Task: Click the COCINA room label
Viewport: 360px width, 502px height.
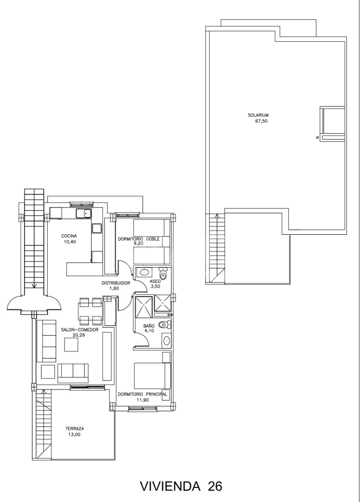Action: click(x=70, y=236)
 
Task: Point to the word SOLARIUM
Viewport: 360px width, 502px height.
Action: click(x=258, y=115)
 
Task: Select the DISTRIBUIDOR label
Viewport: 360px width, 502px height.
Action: click(x=116, y=283)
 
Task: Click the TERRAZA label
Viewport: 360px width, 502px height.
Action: click(x=75, y=429)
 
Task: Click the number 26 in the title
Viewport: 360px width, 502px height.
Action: click(x=215, y=487)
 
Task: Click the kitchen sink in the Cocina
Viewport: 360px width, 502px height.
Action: click(x=84, y=213)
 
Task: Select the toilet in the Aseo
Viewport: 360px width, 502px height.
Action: click(x=163, y=274)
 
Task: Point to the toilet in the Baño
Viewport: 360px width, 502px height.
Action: click(x=165, y=325)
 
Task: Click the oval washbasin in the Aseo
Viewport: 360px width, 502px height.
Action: click(x=145, y=273)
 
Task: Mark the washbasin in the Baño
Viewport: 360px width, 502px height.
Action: click(x=166, y=340)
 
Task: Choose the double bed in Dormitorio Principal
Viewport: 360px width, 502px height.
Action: click(x=152, y=375)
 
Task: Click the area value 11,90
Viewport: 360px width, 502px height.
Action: click(x=143, y=400)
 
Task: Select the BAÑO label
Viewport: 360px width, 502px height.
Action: click(x=149, y=326)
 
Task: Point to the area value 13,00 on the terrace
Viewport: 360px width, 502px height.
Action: click(x=75, y=435)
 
